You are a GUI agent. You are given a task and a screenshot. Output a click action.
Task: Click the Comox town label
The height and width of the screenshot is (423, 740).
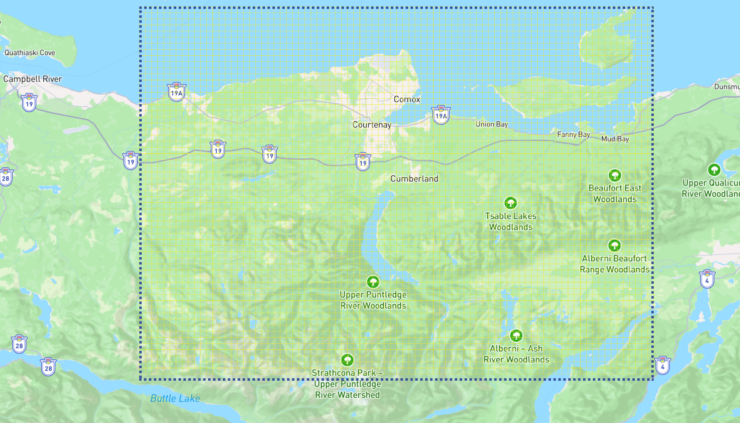tap(407, 99)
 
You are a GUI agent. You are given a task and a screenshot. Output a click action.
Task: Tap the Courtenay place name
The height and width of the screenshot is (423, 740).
tap(372, 125)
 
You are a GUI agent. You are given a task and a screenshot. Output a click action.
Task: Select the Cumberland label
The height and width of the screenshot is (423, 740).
tap(414, 179)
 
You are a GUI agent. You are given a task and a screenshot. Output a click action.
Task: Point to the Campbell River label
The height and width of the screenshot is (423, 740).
tap(32, 79)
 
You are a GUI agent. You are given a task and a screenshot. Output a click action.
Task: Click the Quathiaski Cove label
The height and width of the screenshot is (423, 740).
tap(30, 53)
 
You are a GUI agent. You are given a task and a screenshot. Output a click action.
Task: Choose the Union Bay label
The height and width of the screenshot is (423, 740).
tap(492, 124)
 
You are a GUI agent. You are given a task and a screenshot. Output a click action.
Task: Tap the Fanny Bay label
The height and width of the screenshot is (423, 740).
tap(573, 134)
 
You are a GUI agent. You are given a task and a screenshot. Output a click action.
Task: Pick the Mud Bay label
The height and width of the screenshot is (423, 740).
tap(615, 139)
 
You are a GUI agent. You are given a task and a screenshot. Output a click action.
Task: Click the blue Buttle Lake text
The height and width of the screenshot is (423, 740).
tap(175, 398)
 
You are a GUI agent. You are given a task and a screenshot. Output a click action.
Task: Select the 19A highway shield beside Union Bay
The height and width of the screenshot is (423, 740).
tap(441, 115)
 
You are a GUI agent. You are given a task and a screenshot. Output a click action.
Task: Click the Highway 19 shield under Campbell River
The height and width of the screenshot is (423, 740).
tap(29, 103)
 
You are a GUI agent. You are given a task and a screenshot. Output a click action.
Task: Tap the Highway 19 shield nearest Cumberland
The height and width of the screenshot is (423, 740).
tap(363, 162)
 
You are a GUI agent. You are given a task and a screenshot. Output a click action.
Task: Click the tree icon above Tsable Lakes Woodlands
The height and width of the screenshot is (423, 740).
tap(510, 203)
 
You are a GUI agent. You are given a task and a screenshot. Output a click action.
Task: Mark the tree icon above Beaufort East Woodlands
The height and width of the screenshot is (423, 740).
tap(615, 176)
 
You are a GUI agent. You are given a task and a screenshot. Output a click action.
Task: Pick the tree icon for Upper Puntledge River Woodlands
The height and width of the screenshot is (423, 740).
tap(373, 282)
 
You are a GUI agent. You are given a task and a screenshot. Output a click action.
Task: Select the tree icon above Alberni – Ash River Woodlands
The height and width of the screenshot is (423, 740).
tap(516, 336)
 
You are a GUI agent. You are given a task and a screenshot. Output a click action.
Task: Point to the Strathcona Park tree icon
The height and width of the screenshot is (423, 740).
tap(347, 360)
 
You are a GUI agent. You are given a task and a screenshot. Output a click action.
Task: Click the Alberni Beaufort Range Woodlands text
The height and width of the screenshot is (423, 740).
tap(615, 264)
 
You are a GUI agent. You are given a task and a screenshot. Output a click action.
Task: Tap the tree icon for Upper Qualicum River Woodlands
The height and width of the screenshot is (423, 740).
tap(714, 170)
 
